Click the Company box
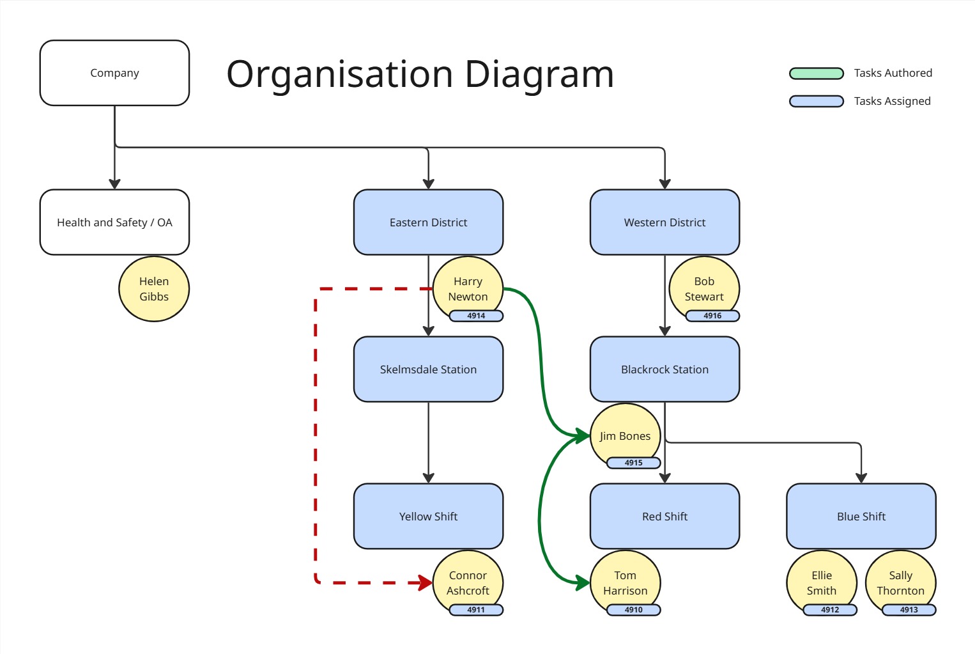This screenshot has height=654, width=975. point(114,73)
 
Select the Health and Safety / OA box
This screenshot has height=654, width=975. point(114,222)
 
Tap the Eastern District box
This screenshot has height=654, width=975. point(428,222)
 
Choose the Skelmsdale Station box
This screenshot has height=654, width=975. point(428,369)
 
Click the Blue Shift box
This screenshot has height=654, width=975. point(861,516)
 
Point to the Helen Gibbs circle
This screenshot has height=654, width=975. point(154,289)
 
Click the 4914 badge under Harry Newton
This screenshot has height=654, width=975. point(476,316)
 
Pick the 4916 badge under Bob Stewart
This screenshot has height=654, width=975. point(712,316)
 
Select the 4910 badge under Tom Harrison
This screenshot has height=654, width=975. point(633,610)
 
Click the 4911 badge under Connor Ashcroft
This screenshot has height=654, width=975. point(476,610)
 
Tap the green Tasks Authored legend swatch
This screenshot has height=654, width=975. point(817,73)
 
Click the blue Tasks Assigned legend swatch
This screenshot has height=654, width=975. point(817,101)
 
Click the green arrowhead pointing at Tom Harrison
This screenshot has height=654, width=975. point(582,582)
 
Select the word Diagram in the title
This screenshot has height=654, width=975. point(539,74)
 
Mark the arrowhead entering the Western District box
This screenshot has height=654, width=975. point(664,184)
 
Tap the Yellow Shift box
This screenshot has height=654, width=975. point(428,516)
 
